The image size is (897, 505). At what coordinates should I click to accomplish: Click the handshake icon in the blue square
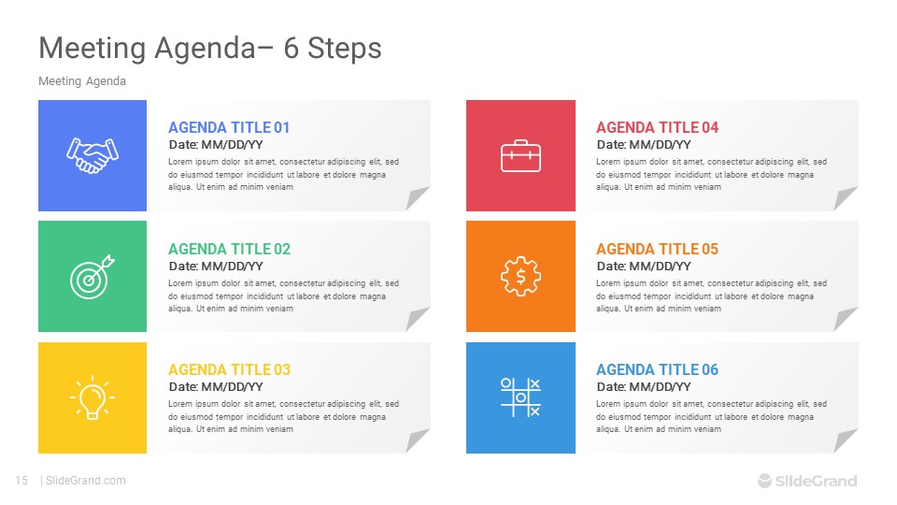(93, 156)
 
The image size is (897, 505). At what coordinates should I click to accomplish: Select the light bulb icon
(93, 398)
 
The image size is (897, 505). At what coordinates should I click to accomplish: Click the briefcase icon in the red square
(520, 156)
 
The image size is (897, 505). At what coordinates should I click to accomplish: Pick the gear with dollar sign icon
(520, 277)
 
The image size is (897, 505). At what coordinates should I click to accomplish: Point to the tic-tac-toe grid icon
(520, 397)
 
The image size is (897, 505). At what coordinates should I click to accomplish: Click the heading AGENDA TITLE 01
(229, 127)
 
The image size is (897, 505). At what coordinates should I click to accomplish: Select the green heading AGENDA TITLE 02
(230, 249)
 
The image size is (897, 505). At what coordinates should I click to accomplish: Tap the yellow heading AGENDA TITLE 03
(230, 369)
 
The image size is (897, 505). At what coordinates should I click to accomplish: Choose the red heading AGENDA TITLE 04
(657, 127)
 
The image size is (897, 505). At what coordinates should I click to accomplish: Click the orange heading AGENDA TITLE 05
(657, 249)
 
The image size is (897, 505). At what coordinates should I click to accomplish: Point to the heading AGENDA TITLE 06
(657, 369)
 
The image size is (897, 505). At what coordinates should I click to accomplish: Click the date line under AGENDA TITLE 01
(216, 145)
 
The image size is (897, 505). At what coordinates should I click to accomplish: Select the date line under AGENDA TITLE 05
(644, 267)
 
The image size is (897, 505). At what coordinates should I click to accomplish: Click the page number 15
(21, 481)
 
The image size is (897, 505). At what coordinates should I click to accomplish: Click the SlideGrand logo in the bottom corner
(807, 481)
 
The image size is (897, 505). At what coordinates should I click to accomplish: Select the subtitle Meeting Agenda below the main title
(82, 81)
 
